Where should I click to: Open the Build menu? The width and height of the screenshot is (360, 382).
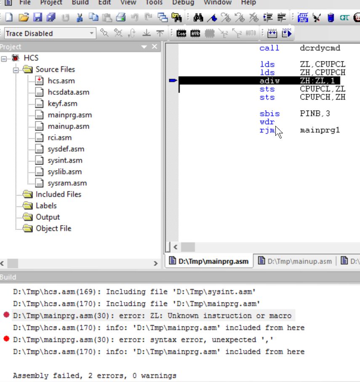80,3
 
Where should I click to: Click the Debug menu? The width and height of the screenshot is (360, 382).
183,3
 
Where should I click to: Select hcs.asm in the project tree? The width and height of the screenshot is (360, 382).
61,81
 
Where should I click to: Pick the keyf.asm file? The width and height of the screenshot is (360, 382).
62,103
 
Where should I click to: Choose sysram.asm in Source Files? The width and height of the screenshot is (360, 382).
67,183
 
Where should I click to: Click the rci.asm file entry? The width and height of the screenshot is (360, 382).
59,138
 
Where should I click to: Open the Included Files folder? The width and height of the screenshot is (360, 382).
58,194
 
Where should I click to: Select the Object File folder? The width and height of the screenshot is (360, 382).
53,228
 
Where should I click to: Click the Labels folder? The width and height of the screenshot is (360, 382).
46,206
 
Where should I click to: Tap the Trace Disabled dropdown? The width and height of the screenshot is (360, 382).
50,33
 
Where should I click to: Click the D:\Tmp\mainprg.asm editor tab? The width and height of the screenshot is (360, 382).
213,261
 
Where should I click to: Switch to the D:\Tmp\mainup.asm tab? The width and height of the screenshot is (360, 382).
299,261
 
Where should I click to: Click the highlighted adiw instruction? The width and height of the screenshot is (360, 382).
269,81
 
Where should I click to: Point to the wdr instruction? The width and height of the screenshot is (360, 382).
267,122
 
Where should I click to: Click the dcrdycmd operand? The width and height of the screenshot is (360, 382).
320,48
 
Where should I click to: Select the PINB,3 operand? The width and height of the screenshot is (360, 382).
315,114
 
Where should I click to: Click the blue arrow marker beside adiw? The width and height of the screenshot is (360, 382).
173,81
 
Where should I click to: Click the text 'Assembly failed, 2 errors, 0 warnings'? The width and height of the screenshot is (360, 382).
95,376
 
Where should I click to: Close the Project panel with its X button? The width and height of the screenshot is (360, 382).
155,47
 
